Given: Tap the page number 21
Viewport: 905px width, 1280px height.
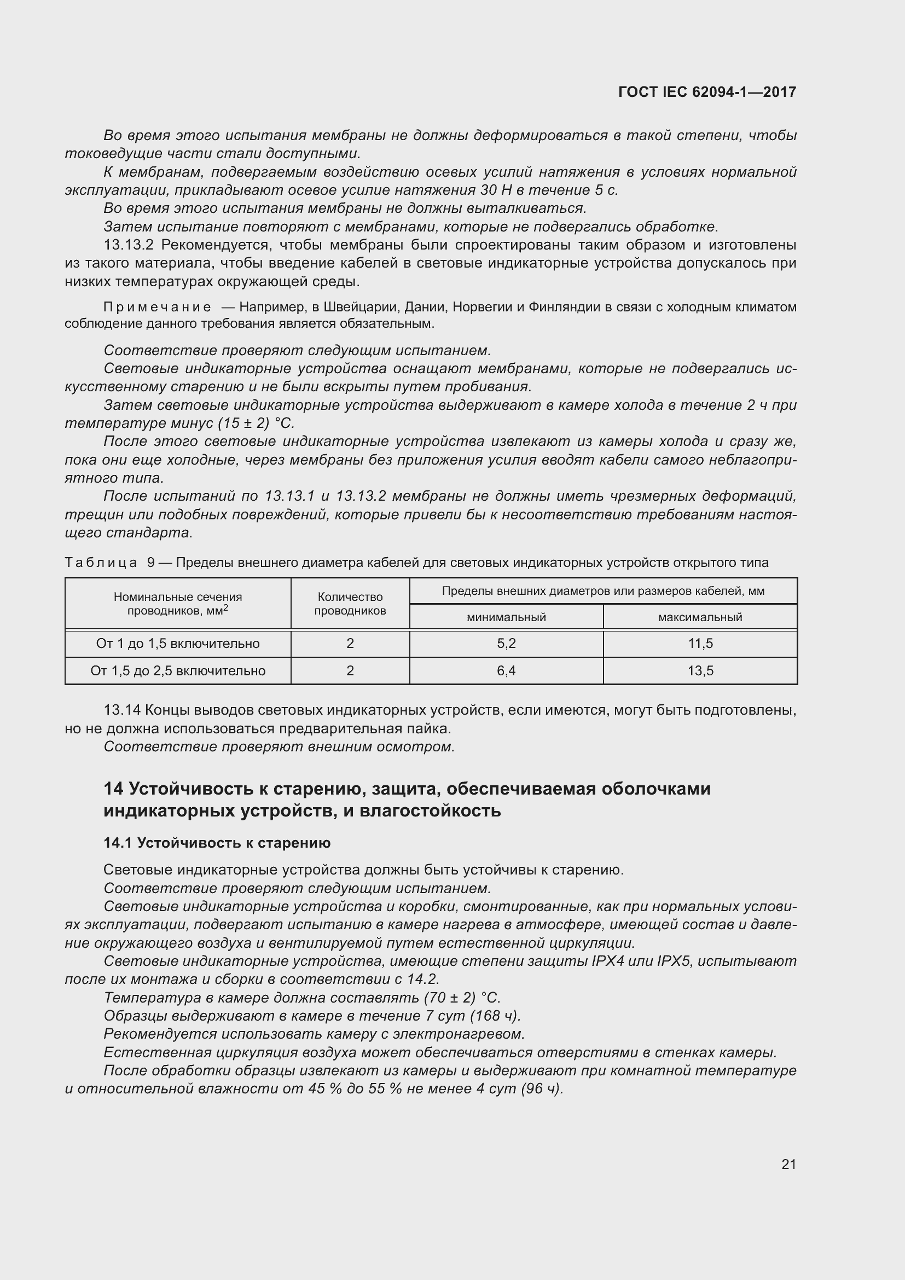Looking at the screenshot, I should pos(788,1164).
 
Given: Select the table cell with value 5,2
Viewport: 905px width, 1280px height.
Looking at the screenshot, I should pos(506,644).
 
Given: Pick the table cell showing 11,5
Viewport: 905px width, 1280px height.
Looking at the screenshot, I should pos(700,644).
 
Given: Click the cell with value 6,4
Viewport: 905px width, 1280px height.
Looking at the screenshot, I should pos(506,671).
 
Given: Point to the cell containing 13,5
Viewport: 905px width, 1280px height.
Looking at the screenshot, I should pos(700,671).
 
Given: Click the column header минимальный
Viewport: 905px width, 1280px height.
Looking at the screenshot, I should pos(506,617).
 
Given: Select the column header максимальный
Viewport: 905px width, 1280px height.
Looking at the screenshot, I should pos(700,617).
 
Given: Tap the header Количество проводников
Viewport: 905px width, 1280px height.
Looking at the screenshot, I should pos(350,604).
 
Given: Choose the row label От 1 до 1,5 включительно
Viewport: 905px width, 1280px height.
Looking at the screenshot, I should pos(178,644).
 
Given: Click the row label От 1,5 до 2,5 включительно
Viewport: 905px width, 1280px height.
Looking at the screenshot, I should pos(178,671).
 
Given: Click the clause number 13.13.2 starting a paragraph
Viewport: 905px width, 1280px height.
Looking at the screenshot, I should pos(130,245).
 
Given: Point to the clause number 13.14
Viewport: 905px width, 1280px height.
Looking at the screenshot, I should pos(122,710).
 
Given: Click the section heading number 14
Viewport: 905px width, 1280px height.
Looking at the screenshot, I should pos(113,789).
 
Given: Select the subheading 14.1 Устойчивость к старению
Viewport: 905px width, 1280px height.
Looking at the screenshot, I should pos(217,843).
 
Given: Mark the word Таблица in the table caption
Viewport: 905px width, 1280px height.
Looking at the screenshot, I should pos(101,563).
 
